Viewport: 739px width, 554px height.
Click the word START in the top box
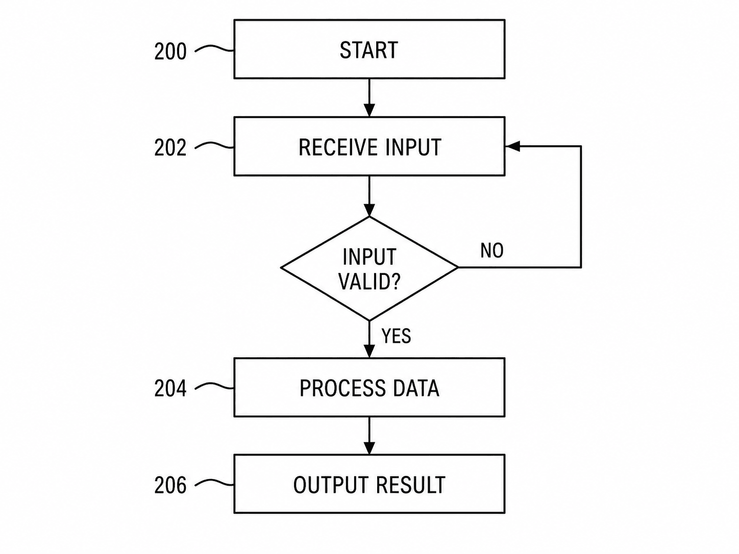point(368,50)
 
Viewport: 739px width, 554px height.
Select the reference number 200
point(170,52)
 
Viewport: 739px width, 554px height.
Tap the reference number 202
point(170,147)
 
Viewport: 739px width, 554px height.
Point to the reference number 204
point(170,388)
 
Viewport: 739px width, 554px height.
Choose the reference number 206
point(170,485)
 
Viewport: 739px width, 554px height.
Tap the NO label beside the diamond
point(492,250)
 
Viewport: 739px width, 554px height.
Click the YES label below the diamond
point(396,336)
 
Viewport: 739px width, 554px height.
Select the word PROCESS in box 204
point(342,388)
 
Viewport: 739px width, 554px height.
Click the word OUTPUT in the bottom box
point(331,485)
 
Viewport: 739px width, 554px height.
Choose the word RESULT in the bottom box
point(411,485)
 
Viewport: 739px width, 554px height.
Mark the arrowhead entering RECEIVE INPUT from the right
point(512,146)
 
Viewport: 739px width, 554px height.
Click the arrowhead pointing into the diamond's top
point(370,210)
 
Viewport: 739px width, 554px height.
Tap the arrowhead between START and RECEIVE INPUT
point(370,110)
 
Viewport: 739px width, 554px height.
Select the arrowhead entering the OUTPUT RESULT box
point(370,448)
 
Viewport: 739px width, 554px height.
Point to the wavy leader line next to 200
point(214,49)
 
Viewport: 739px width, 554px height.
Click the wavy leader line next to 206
point(214,483)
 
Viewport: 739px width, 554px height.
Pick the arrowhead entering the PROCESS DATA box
point(370,351)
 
